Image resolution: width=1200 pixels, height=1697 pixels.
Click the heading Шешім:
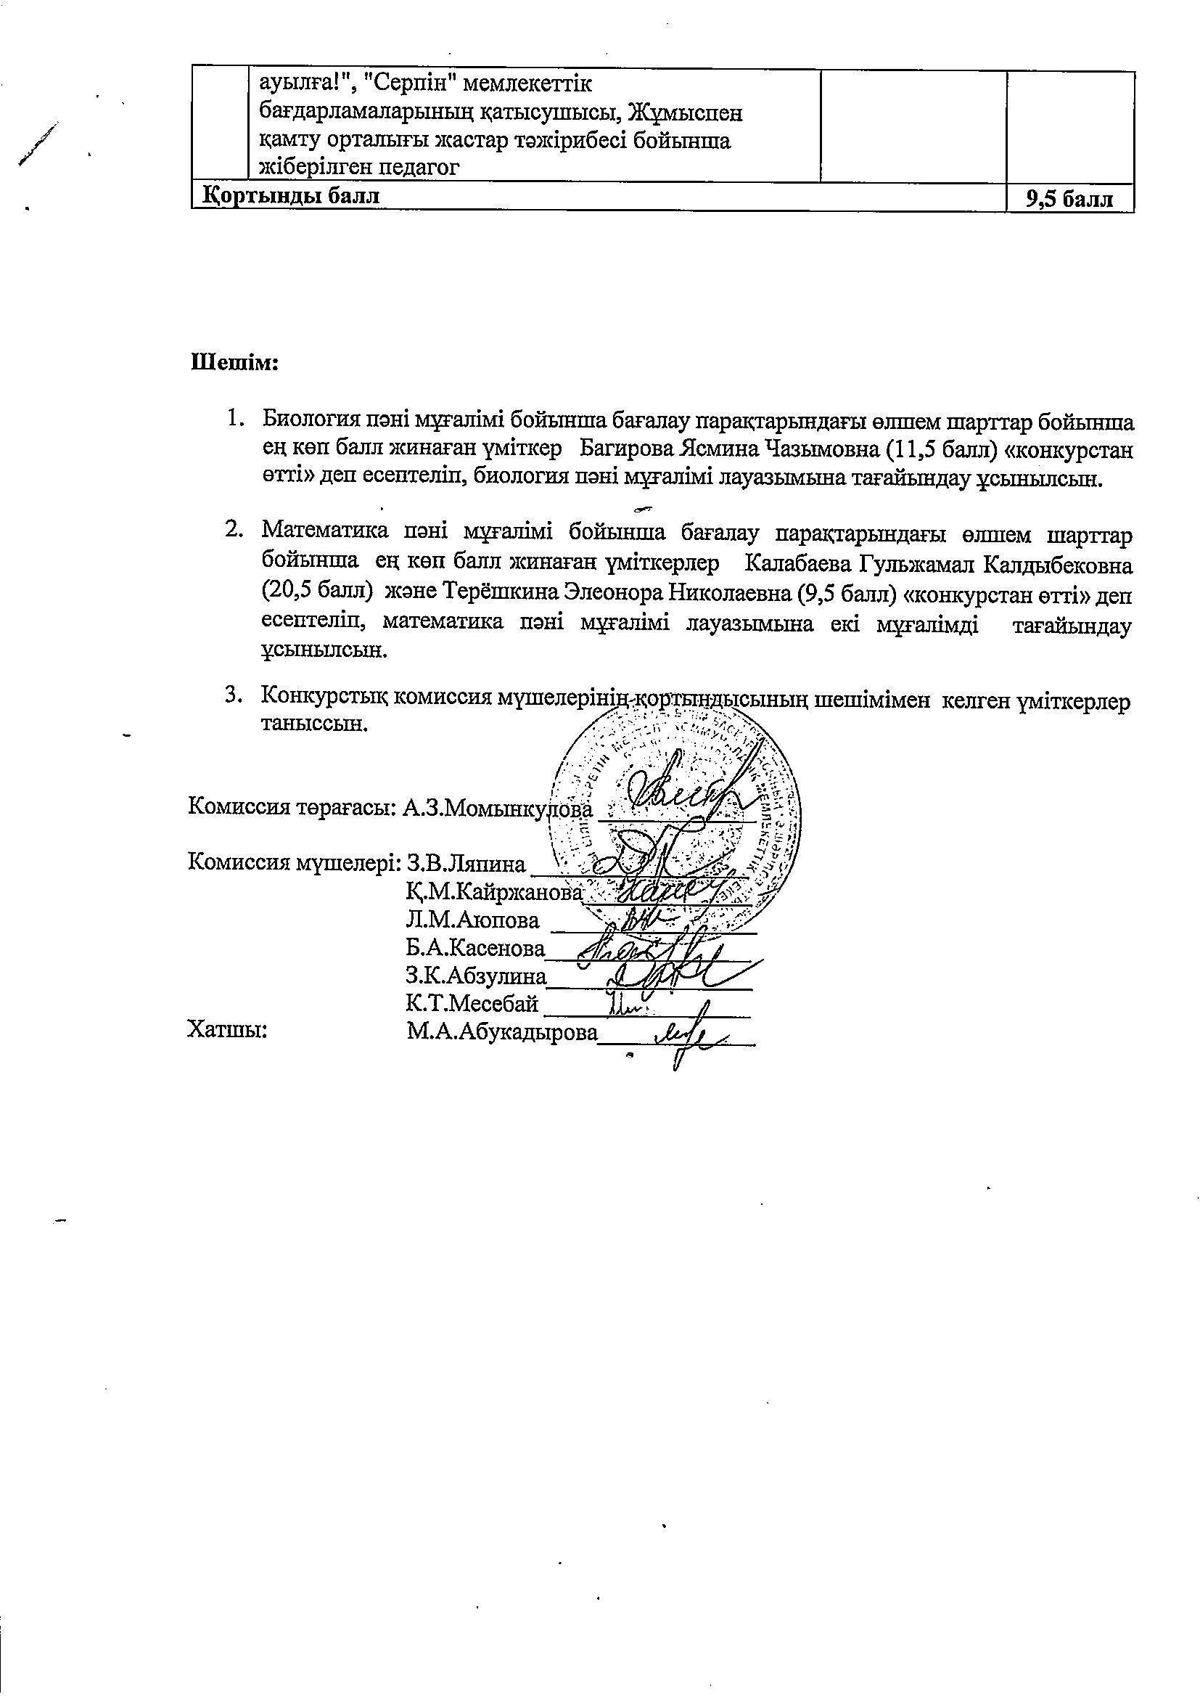tap(234, 363)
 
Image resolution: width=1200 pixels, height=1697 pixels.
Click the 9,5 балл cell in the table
tap(1069, 199)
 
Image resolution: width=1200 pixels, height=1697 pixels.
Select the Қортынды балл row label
tap(291, 196)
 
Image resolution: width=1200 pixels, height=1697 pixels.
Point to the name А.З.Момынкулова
tap(497, 808)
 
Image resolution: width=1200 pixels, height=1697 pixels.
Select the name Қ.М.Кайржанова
tap(493, 893)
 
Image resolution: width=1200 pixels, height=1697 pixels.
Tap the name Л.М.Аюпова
tap(472, 920)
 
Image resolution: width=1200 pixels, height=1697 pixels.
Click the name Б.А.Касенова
tap(475, 948)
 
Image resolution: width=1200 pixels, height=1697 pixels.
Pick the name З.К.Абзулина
tap(475, 976)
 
